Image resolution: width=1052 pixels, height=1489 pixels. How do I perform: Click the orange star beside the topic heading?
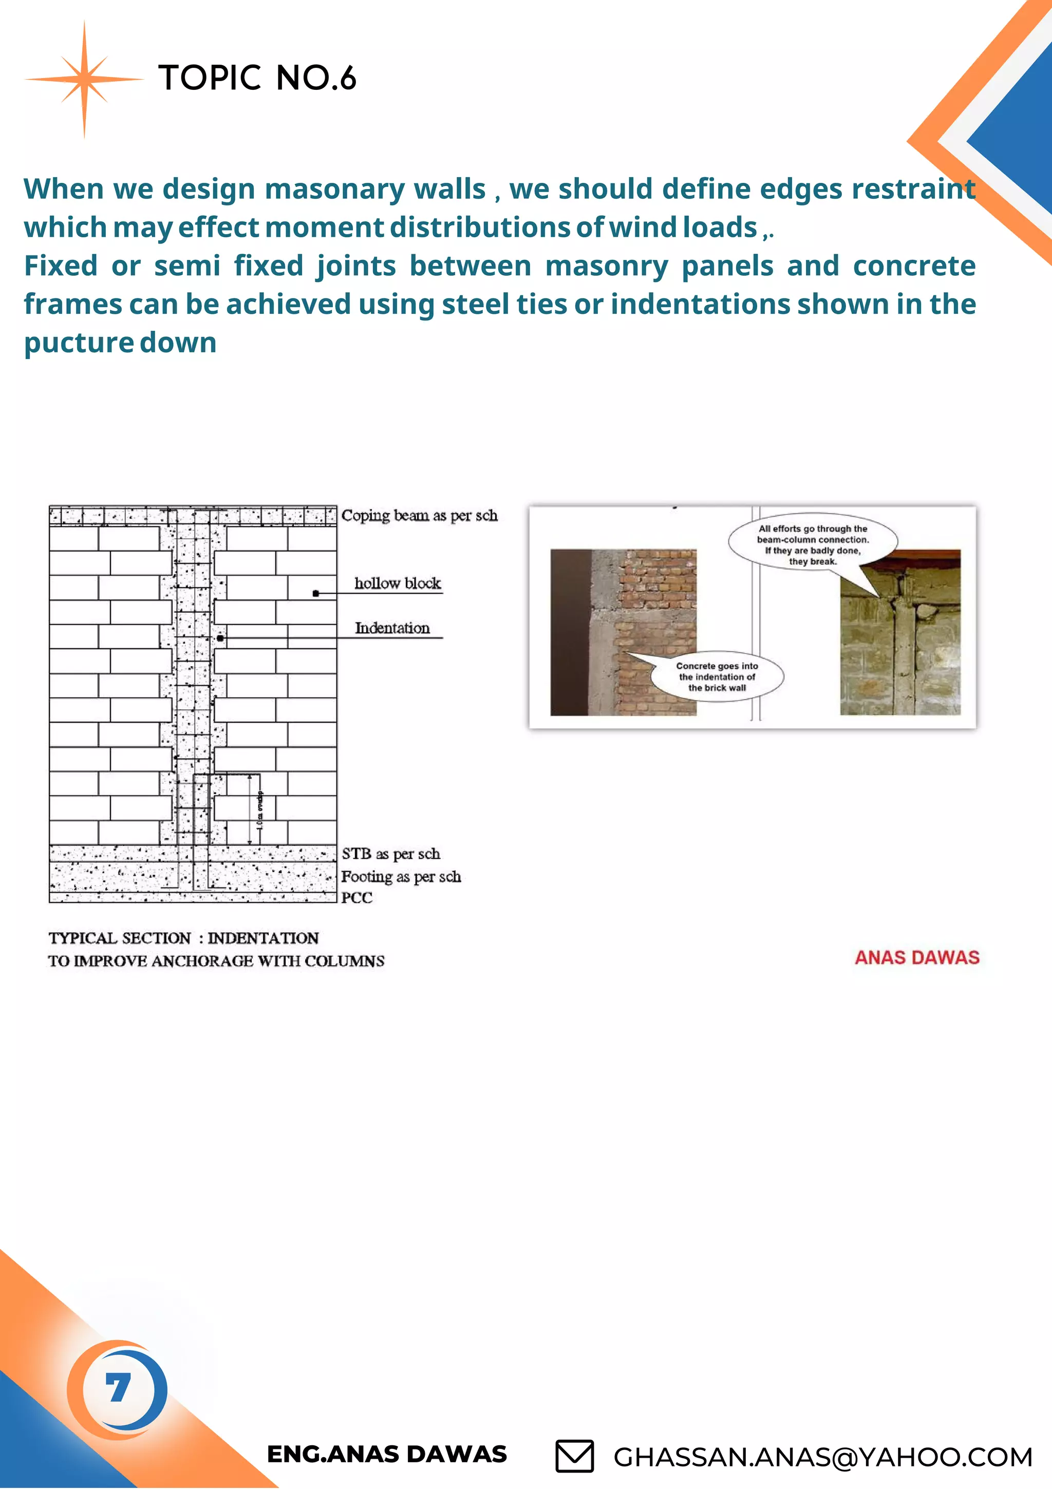click(x=84, y=79)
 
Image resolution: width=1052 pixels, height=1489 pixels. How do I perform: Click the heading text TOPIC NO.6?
click(x=257, y=79)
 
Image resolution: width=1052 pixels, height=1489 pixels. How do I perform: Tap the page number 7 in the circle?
click(x=118, y=1388)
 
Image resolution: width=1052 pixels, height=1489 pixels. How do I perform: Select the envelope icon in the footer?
click(x=574, y=1456)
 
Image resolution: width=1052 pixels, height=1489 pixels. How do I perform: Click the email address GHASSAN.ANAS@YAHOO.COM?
click(x=822, y=1457)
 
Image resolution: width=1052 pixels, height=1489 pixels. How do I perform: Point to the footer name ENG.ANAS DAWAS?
click(x=387, y=1455)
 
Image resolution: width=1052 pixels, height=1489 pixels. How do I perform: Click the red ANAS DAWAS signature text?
click(x=916, y=957)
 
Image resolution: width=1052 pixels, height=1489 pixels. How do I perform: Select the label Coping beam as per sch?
click(x=419, y=516)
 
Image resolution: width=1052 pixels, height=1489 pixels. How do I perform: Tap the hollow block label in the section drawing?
click(x=397, y=583)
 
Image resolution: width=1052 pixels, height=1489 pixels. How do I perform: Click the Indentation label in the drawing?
click(x=392, y=628)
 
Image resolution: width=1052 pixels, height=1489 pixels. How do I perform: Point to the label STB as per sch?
click(x=390, y=854)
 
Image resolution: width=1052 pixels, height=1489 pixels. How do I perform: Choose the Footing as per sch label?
click(x=401, y=877)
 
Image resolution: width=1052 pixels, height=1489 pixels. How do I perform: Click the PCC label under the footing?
click(x=356, y=897)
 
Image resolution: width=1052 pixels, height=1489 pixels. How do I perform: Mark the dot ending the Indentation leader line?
click(x=220, y=638)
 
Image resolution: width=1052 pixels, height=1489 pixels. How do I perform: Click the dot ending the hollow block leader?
click(x=316, y=593)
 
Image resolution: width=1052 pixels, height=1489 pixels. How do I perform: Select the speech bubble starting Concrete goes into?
click(x=717, y=676)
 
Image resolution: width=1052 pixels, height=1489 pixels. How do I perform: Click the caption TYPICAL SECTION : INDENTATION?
click(x=183, y=938)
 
